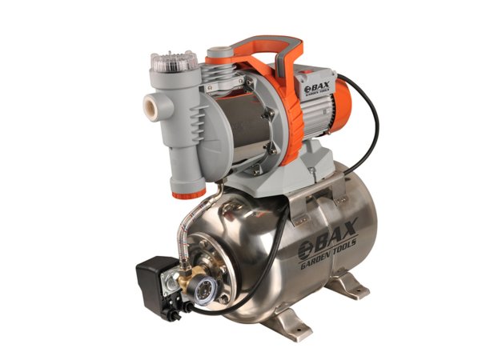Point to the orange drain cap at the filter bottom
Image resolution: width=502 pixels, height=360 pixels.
click(189, 193)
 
